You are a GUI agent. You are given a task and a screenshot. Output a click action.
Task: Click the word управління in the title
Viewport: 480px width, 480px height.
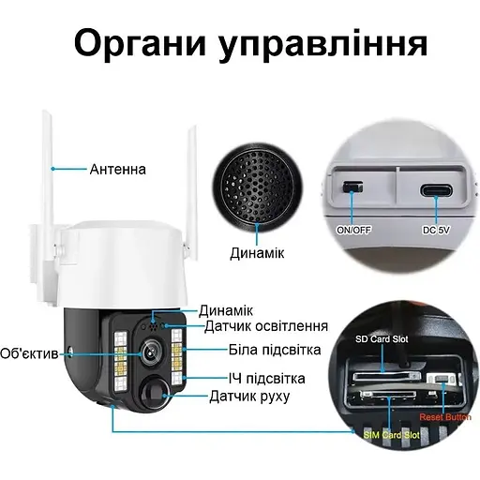(x=322, y=45)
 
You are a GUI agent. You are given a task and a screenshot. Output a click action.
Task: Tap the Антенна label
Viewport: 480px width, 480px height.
(x=118, y=169)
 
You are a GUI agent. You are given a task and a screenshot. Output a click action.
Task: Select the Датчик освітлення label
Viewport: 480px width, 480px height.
(x=266, y=326)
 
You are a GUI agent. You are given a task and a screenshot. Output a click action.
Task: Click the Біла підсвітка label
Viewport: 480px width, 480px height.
(x=275, y=350)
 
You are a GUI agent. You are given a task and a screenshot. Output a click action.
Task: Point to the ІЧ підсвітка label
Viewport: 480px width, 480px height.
(x=266, y=379)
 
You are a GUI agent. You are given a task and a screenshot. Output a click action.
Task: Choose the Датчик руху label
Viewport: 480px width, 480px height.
(x=249, y=396)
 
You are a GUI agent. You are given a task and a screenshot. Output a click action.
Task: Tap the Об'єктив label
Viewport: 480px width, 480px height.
(x=29, y=353)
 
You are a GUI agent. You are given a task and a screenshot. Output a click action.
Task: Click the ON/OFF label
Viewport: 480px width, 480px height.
(x=353, y=231)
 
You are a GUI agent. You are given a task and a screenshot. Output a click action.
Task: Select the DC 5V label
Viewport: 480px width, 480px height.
(x=436, y=231)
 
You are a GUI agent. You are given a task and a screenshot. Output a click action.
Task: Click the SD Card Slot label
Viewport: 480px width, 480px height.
(x=382, y=339)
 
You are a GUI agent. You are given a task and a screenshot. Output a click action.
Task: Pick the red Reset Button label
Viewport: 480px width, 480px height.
(x=445, y=417)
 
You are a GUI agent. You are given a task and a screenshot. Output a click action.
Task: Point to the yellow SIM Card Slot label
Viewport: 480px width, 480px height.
(x=391, y=435)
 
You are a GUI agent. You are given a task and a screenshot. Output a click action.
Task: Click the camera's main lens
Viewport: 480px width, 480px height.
(x=151, y=352)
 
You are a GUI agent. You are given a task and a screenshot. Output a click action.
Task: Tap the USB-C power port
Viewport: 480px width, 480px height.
(x=436, y=189)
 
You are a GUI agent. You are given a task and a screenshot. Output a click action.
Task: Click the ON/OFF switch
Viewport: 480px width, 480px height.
(x=352, y=187)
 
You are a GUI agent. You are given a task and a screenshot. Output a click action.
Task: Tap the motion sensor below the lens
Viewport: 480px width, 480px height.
(x=155, y=393)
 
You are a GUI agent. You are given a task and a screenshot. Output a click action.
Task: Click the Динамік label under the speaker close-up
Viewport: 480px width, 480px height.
(x=257, y=253)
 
